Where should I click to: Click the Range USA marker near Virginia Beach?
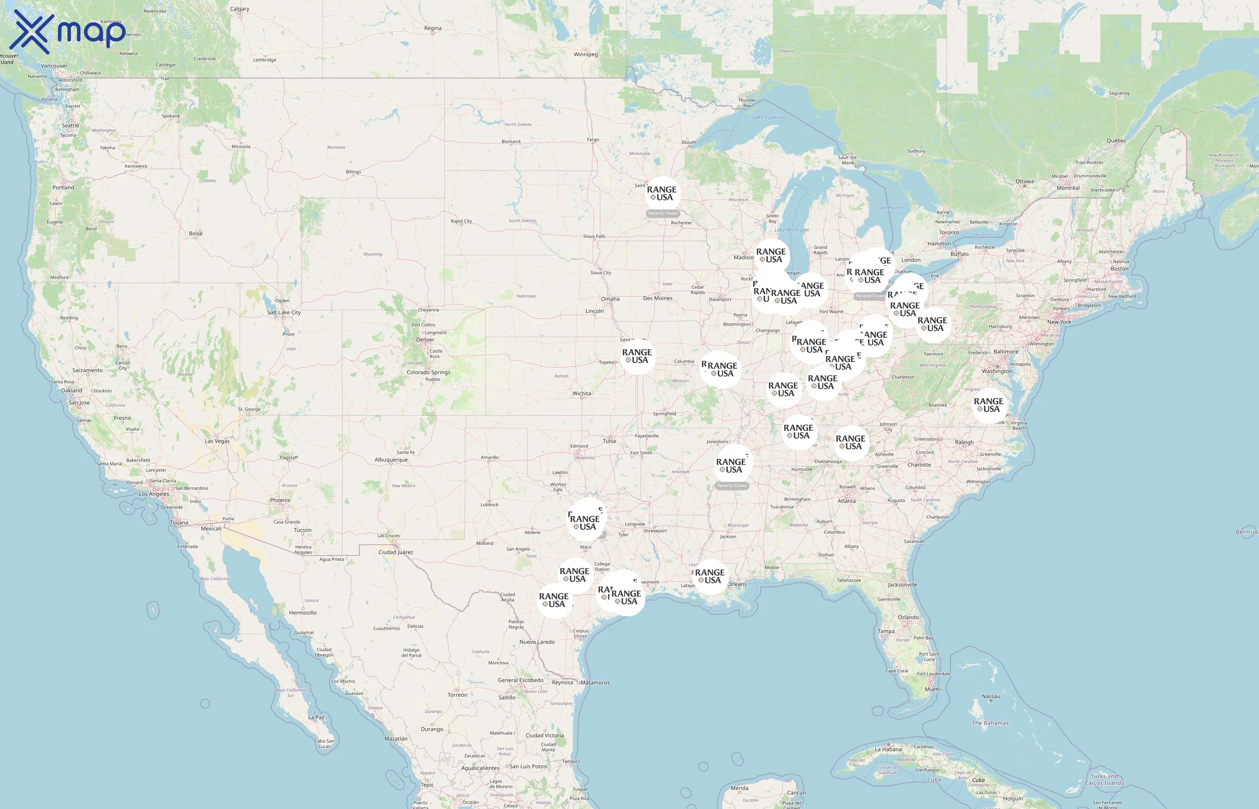pyautogui.click(x=988, y=405)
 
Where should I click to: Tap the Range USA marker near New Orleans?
pyautogui.click(x=710, y=576)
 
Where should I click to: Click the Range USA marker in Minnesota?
pyautogui.click(x=661, y=193)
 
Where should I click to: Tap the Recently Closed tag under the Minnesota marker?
pyautogui.click(x=663, y=213)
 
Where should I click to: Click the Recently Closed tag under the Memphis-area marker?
pyautogui.click(x=732, y=485)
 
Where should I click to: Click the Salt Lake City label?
pyautogui.click(x=284, y=312)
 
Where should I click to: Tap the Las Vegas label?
pyautogui.click(x=217, y=441)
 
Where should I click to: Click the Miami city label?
pyautogui.click(x=933, y=689)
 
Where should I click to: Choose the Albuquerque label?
pyautogui.click(x=391, y=460)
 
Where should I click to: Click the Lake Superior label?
pyautogui.click(x=768, y=118)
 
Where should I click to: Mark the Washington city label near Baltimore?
pyautogui.click(x=997, y=371)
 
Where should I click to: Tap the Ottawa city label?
pyautogui.click(x=1024, y=181)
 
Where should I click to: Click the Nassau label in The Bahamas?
pyautogui.click(x=991, y=697)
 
